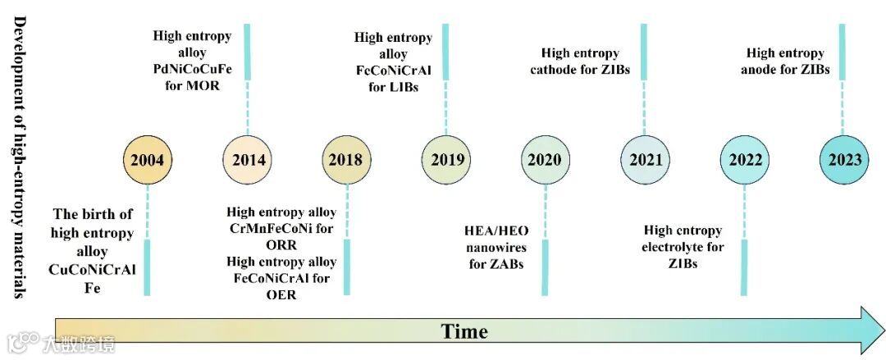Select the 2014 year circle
(x=248, y=159)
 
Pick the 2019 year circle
(x=446, y=159)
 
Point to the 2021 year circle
(x=645, y=159)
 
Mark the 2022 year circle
(x=744, y=159)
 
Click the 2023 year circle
(x=844, y=159)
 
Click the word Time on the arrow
(x=464, y=331)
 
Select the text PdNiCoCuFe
(x=192, y=68)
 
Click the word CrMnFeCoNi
(x=281, y=229)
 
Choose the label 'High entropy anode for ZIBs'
(x=785, y=62)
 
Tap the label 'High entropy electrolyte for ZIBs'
(x=683, y=247)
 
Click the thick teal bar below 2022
(x=744, y=267)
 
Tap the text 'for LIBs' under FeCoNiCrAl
(x=393, y=87)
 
